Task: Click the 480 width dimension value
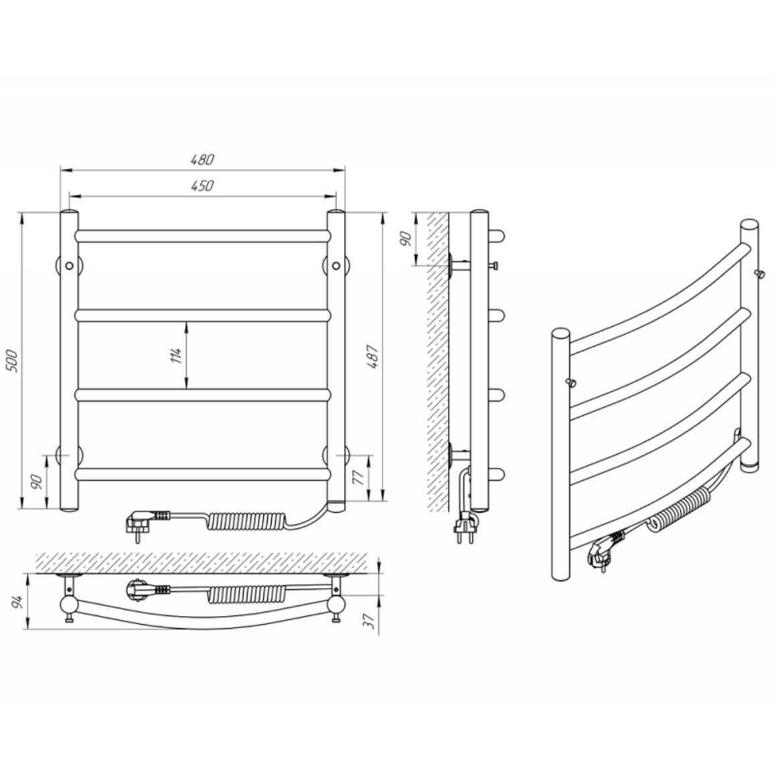202,159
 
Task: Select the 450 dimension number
202,185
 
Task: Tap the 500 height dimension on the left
11,361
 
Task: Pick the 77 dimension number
358,476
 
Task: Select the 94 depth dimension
17,602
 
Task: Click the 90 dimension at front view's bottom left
35,482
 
